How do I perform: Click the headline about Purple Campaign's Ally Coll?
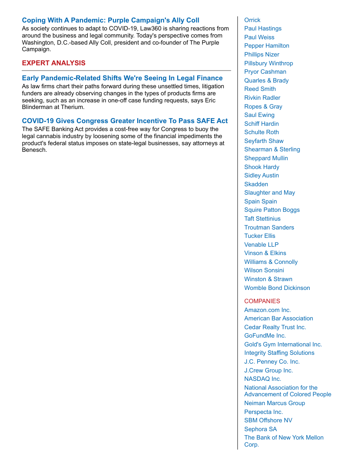tap(110, 20)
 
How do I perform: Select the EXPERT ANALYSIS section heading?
tap(53, 63)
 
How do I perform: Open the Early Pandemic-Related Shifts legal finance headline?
tap(122, 78)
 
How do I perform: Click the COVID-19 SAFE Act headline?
tap(125, 121)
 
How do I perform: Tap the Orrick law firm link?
tap(252, 20)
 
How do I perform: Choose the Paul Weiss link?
tap(259, 37)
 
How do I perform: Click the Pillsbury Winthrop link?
tap(268, 63)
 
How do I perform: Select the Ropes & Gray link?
tap(263, 106)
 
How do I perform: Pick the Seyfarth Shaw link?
tap(264, 141)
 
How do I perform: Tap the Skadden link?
tap(256, 184)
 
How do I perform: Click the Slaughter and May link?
tap(270, 192)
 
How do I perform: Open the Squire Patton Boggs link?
tap(272, 210)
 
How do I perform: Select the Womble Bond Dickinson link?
tap(277, 288)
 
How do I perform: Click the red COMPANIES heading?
tap(262, 301)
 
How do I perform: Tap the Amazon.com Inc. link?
tap(267, 310)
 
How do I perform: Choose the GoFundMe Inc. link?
tap(265, 335)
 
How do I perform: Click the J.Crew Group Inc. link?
tap(268, 370)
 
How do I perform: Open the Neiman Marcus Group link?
tap(274, 403)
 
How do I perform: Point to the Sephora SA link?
tap(260, 429)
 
